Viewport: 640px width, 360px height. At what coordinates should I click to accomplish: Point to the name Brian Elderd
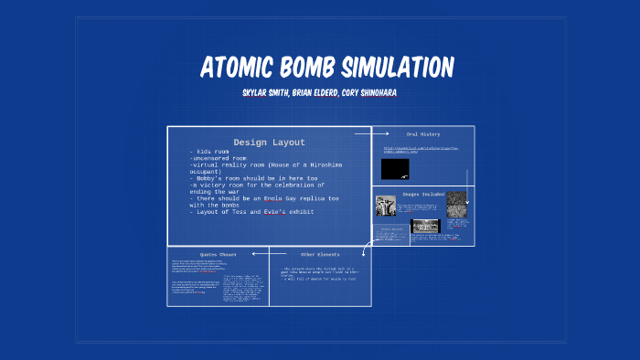[318, 93]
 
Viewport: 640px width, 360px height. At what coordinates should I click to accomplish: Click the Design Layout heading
[269, 142]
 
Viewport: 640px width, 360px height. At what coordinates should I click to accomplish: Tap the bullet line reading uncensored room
[219, 158]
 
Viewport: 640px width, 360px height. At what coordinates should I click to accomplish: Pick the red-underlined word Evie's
[275, 211]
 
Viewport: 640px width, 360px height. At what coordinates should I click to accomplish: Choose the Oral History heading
[423, 134]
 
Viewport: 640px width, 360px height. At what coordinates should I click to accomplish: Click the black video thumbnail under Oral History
[395, 169]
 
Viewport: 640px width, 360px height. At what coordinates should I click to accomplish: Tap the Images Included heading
[423, 194]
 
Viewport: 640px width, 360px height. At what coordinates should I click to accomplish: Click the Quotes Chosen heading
[218, 253]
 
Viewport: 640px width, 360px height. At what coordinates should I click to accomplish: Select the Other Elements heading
[320, 253]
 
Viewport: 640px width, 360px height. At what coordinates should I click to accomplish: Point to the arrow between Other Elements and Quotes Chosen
[277, 253]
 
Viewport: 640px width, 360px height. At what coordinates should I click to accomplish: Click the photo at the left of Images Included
[385, 206]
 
